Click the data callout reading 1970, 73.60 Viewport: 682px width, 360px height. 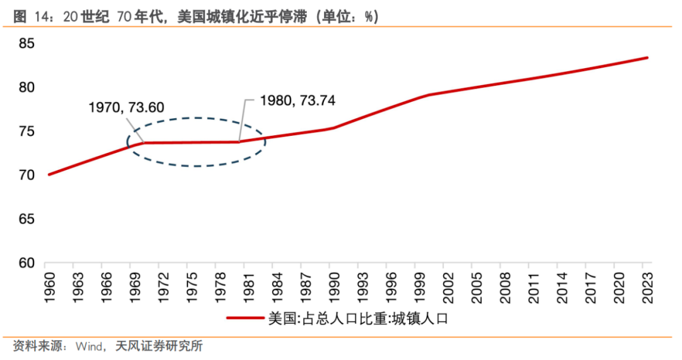(x=126, y=107)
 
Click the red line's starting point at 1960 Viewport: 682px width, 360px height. (x=49, y=174)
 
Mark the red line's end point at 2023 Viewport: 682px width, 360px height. (x=647, y=57)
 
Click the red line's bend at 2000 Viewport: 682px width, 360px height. (x=428, y=95)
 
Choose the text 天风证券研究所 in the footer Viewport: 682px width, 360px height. (x=159, y=346)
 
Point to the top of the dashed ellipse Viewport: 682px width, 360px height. (x=196, y=118)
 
